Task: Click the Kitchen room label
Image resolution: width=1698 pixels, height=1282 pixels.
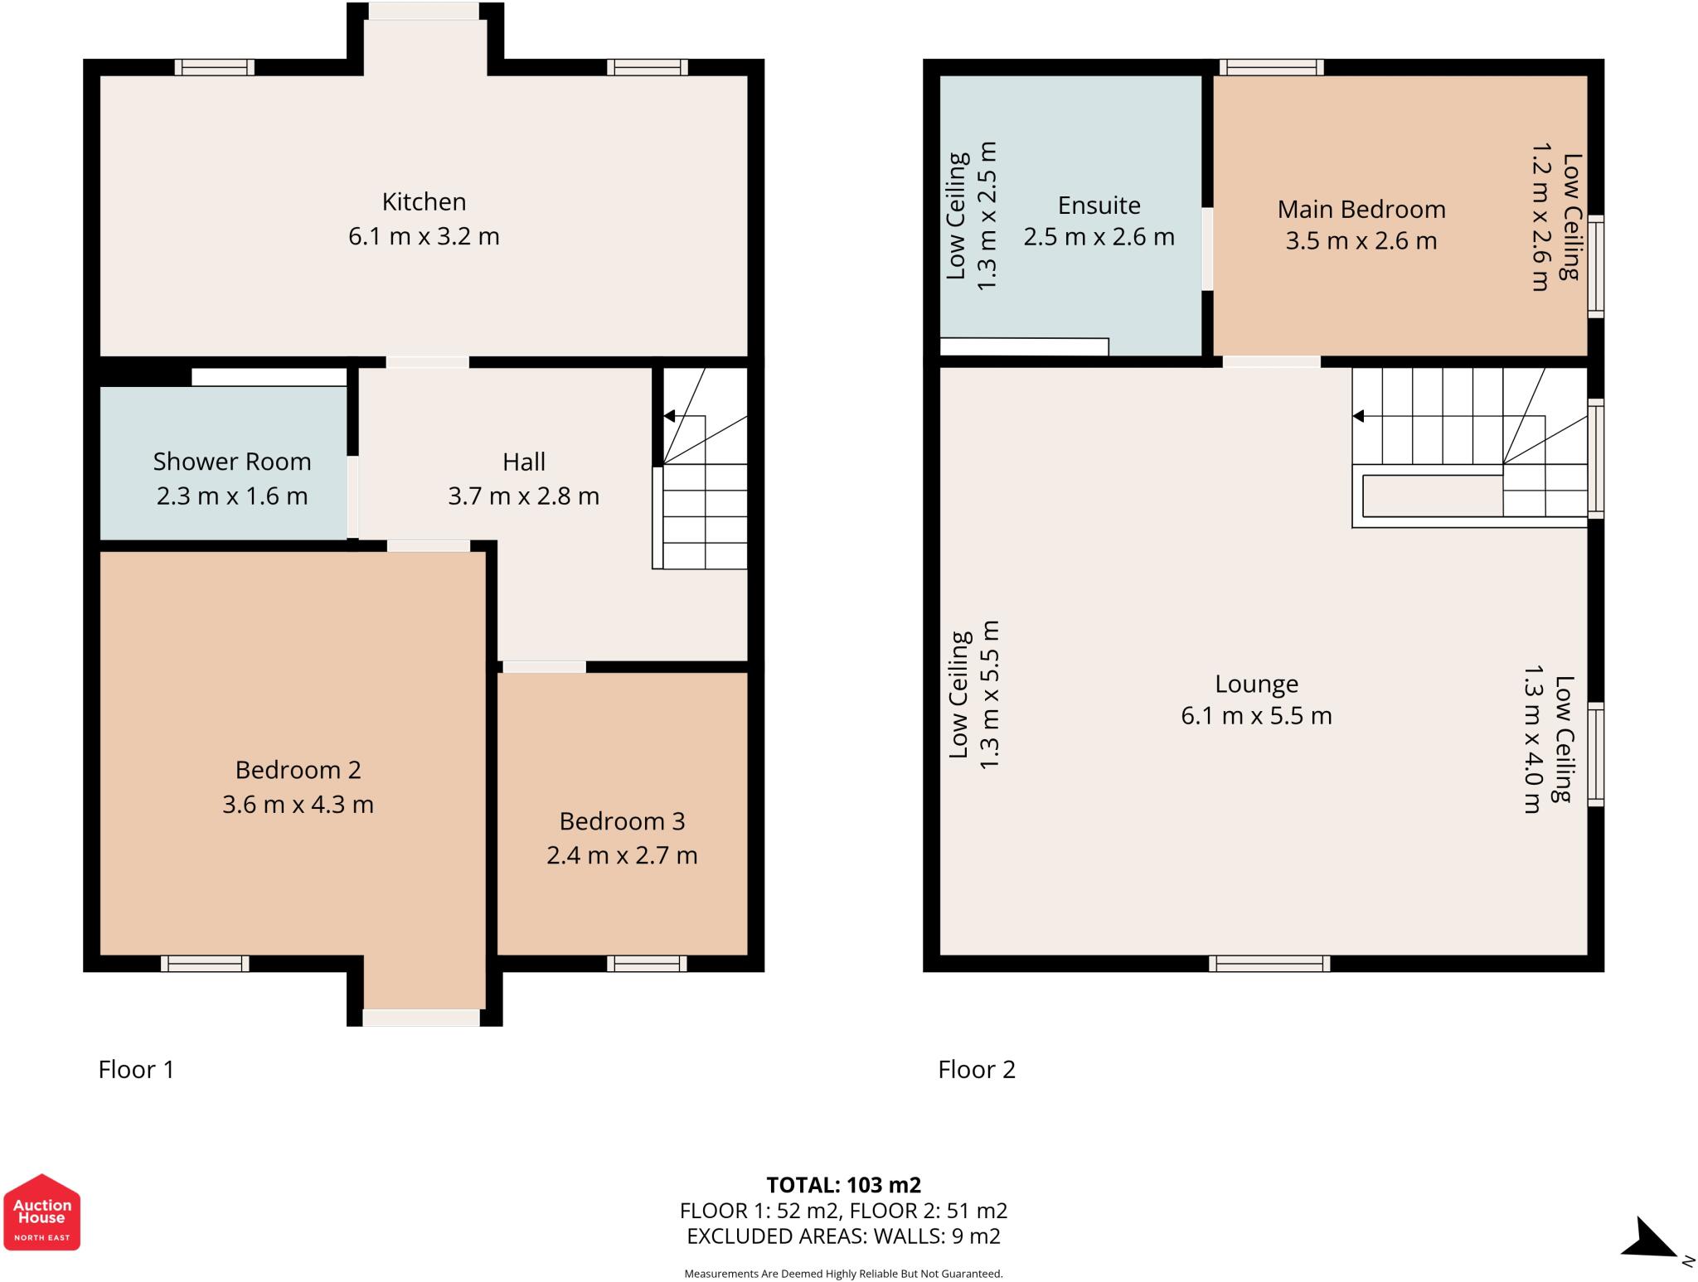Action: click(x=424, y=201)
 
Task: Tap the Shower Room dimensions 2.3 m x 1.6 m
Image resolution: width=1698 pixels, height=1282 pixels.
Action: click(x=232, y=496)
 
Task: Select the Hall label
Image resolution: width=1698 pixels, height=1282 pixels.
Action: click(x=523, y=462)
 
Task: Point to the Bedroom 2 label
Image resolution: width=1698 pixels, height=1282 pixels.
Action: click(x=298, y=770)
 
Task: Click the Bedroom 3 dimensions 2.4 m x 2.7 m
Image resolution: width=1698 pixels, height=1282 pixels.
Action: click(x=622, y=855)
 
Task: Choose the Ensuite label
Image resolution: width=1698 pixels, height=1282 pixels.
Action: click(x=1099, y=205)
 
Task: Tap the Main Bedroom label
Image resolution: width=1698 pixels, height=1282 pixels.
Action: click(x=1361, y=209)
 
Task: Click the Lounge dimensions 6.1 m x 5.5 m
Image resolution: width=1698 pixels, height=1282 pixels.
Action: click(x=1256, y=715)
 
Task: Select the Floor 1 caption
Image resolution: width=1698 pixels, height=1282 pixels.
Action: click(x=136, y=1070)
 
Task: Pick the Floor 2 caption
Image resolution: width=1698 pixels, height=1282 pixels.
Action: click(x=976, y=1070)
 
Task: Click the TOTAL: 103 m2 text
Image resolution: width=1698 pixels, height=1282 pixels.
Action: click(x=843, y=1185)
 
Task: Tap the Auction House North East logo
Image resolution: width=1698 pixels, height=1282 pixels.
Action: click(x=41, y=1212)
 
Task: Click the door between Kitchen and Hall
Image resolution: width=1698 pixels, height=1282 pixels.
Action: click(x=427, y=362)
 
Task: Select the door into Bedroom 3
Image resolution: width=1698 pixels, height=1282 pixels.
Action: click(x=544, y=666)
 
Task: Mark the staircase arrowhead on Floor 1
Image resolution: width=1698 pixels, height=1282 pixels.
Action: click(x=669, y=416)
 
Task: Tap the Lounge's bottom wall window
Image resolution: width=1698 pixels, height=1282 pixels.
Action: click(x=1269, y=963)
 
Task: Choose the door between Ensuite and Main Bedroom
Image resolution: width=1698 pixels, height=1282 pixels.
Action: click(x=1207, y=249)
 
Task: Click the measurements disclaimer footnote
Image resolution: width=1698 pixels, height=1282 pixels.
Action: click(x=843, y=1274)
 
